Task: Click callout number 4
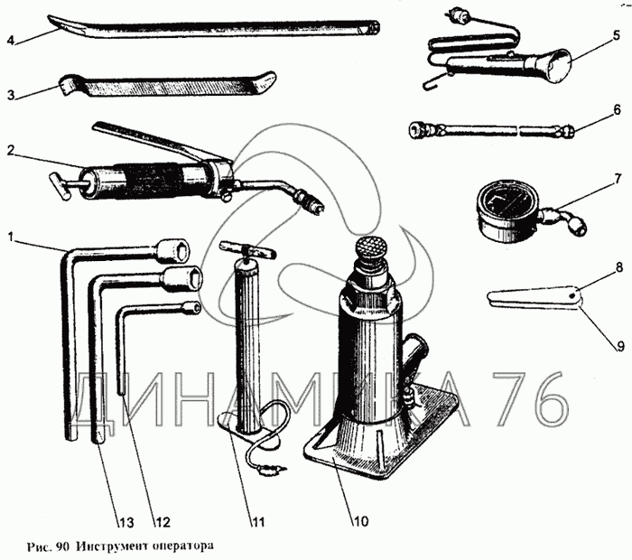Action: coord(10,40)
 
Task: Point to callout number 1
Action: coord(10,238)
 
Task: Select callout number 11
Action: coord(259,520)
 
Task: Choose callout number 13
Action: coord(125,522)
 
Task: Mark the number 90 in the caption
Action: coord(62,546)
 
